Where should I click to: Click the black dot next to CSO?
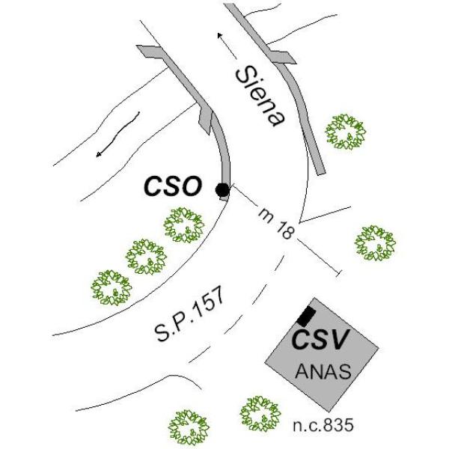click(222, 189)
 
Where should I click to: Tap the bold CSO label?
click(172, 186)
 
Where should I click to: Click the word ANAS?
click(323, 371)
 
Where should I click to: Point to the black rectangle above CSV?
click(306, 316)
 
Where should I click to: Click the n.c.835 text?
click(323, 425)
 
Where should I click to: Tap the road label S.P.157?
click(189, 314)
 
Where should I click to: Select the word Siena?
click(260, 97)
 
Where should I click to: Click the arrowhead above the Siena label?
click(220, 36)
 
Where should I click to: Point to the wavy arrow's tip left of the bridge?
click(99, 155)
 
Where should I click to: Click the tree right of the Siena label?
click(345, 132)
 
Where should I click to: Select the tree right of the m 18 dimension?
click(375, 243)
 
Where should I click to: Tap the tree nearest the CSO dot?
click(184, 225)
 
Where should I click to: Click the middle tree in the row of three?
click(146, 257)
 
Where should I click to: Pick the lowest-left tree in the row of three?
click(112, 288)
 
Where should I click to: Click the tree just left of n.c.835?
click(260, 414)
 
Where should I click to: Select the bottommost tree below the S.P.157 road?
click(189, 427)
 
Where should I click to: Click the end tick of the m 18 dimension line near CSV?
click(339, 273)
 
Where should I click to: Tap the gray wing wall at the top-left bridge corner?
click(148, 50)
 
